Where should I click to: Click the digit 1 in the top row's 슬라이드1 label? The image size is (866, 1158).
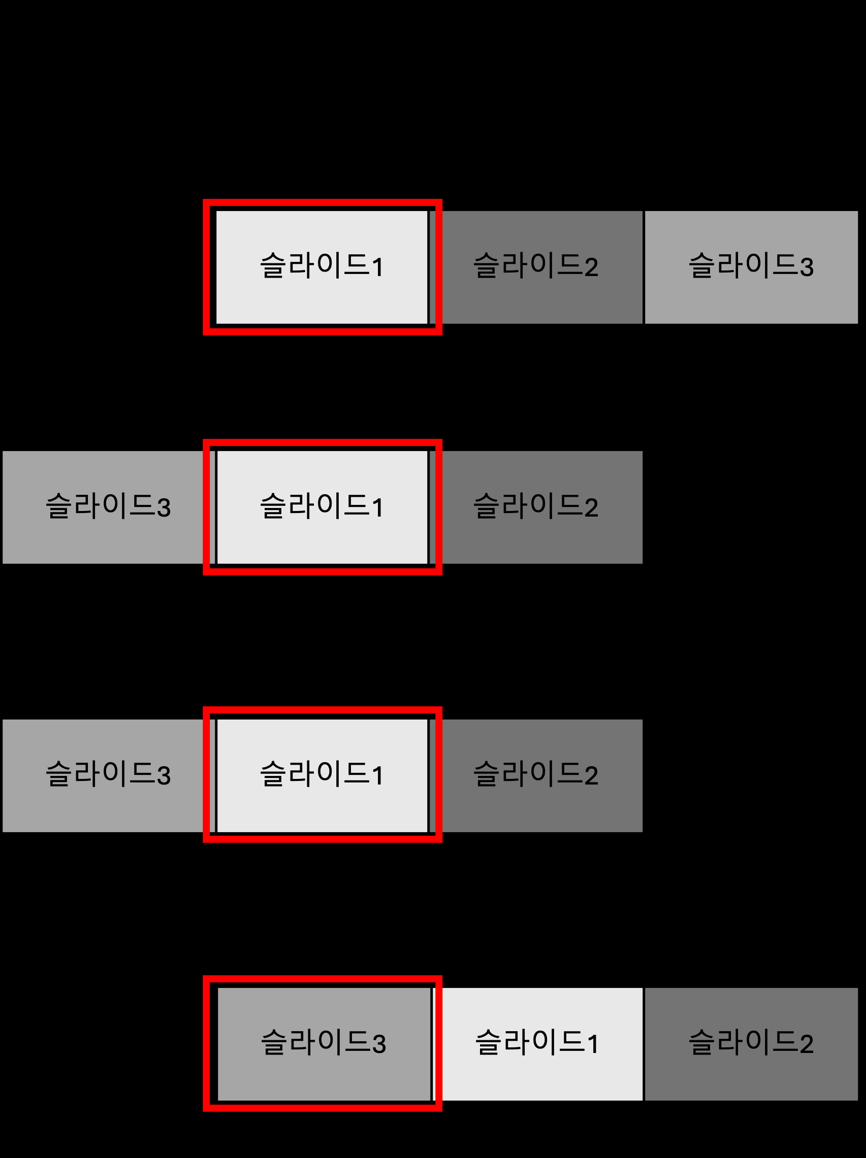point(377,267)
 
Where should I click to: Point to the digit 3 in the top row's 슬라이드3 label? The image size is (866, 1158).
point(806,267)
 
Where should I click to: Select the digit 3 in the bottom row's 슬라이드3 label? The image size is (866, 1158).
point(379,1044)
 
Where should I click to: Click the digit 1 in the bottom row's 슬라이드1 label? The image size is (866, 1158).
point(593,1044)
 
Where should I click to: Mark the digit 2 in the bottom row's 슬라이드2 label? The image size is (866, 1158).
point(806,1044)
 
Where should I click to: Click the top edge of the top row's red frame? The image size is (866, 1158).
point(322,202)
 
